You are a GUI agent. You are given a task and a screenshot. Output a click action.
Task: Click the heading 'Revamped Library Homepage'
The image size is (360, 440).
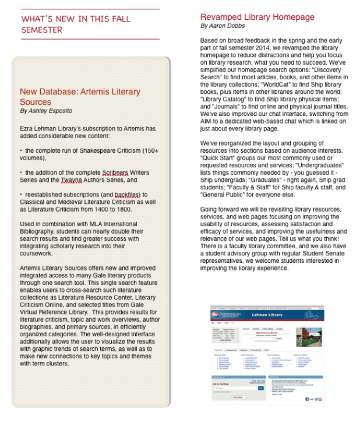(x=257, y=17)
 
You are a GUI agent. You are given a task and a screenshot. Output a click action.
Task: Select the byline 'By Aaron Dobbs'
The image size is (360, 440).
(x=223, y=26)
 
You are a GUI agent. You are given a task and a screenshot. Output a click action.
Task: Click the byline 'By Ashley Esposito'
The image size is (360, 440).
(x=46, y=111)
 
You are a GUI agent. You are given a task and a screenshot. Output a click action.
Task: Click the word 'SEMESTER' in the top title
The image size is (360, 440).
(x=41, y=30)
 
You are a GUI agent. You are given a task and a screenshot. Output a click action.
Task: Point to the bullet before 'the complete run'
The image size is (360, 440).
(x=21, y=151)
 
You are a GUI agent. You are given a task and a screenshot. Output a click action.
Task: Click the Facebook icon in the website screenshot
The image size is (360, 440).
(x=307, y=399)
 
